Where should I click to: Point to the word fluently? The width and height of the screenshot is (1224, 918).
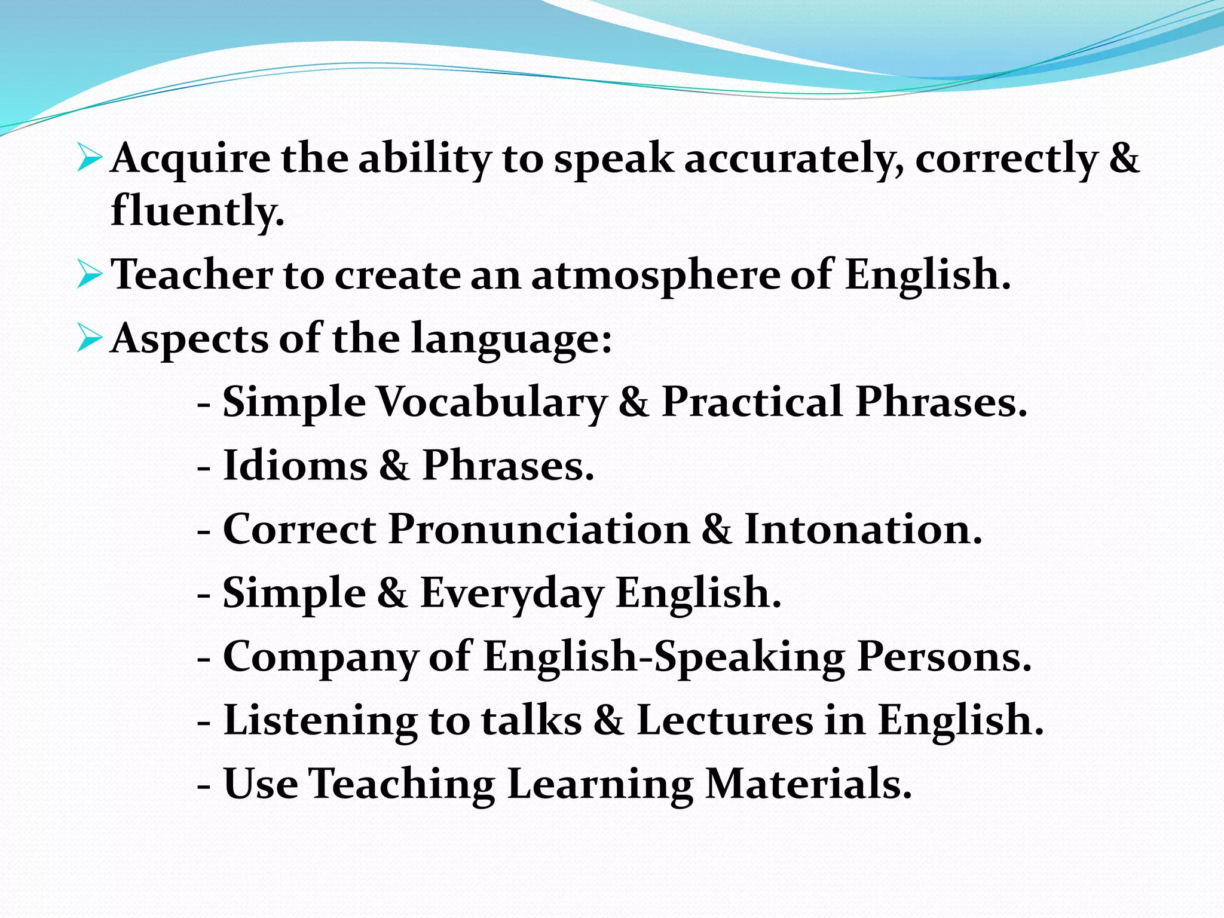(197, 211)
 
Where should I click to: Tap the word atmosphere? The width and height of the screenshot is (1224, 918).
(656, 276)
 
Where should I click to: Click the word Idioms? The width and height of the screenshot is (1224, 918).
(295, 466)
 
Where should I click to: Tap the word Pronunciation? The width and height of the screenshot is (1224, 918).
(539, 530)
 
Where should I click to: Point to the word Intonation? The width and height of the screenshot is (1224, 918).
(863, 530)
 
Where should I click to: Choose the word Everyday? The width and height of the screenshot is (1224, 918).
(512, 593)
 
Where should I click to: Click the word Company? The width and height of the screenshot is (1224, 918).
(320, 657)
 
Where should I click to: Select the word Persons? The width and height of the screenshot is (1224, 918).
(944, 657)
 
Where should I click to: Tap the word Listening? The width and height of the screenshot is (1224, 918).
(320, 721)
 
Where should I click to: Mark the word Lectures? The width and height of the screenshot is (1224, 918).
(725, 720)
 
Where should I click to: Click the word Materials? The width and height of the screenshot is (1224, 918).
(809, 784)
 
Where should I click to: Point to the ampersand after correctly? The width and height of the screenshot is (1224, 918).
(1124, 159)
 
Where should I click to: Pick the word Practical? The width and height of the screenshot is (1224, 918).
(752, 402)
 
